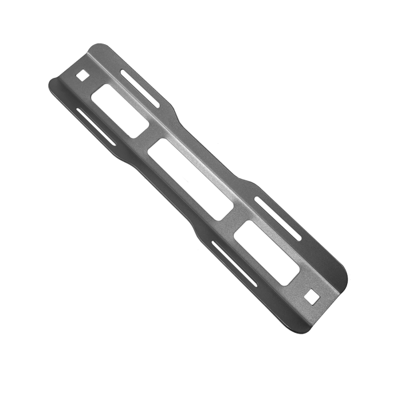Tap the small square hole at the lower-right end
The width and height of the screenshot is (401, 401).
point(313,296)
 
